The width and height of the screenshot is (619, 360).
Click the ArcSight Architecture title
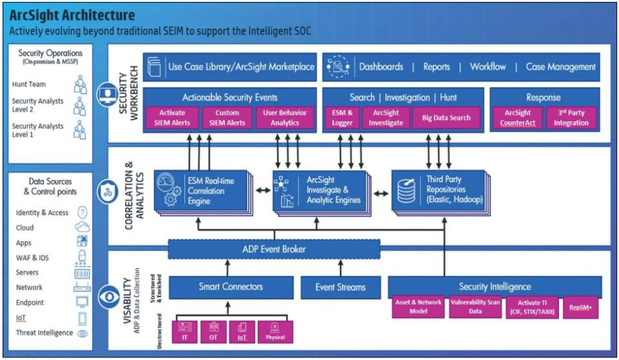72,15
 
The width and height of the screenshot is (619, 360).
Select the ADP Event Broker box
273,249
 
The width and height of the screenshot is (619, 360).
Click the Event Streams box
341,287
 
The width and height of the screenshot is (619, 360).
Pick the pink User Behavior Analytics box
285,117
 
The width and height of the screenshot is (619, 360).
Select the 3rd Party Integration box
571,117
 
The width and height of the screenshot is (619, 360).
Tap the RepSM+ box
580,308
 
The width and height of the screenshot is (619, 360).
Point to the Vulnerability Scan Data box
476,308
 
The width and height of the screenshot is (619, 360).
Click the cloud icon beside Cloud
82,227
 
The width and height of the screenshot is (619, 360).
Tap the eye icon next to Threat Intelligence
82,334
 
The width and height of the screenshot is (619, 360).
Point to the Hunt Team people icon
80,85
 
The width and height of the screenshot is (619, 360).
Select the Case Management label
560,66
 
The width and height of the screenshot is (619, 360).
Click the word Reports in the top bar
437,66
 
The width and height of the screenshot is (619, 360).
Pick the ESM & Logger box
342,117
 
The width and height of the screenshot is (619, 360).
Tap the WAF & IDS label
32,257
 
